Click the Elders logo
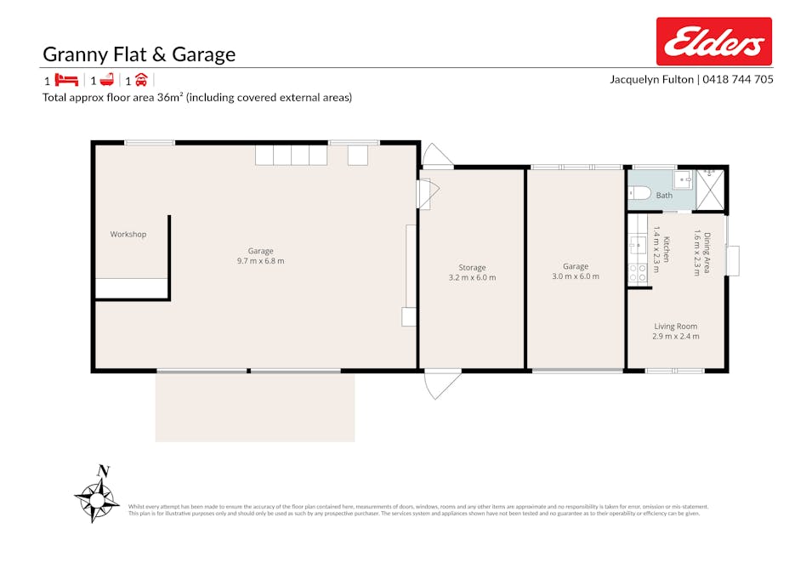[x=713, y=42]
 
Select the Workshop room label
[x=128, y=234]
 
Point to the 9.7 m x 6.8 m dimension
[x=260, y=261]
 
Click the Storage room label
[x=472, y=268]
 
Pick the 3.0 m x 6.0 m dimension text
[x=576, y=276]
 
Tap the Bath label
[x=664, y=196]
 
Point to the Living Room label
[x=675, y=326]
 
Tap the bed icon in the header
[x=66, y=81]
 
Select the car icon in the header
[x=141, y=81]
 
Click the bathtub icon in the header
[x=106, y=81]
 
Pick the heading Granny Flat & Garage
[x=139, y=55]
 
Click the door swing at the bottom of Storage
[x=442, y=384]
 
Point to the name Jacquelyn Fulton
[x=651, y=79]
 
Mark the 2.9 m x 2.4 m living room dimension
[x=675, y=337]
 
